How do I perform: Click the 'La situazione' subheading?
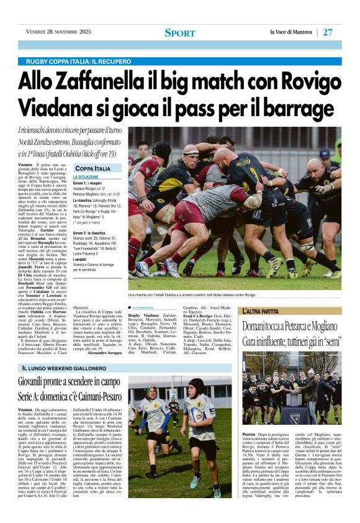point(86,177)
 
